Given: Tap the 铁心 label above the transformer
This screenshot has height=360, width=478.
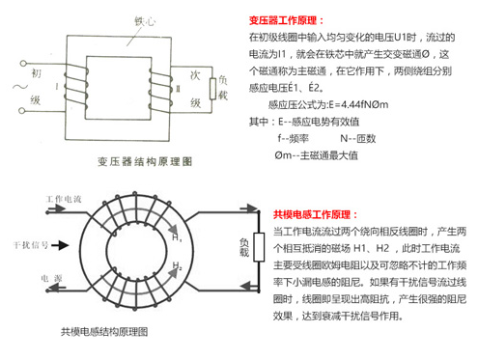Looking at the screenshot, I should pos(145,17).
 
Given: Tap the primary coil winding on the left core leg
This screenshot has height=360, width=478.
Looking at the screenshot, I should pos(70,86).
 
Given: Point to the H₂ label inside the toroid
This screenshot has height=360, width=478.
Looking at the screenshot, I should pos(177,265).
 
